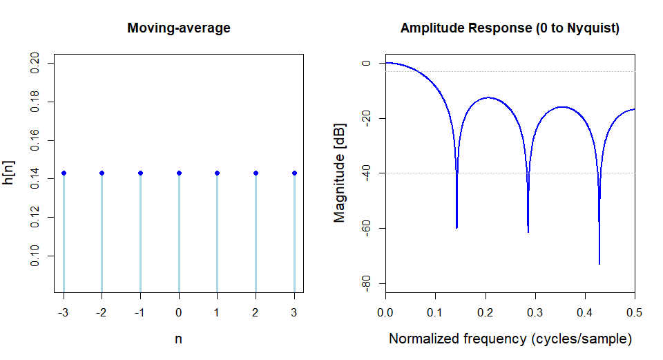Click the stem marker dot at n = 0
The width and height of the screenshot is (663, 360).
180,173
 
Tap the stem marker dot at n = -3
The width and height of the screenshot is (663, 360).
64,173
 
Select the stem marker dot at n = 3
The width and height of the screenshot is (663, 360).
295,173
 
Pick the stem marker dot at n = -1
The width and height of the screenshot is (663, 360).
141,173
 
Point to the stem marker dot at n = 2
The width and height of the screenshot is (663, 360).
256,173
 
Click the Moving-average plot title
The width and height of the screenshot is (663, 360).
179,28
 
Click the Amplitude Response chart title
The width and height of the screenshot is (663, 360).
510,28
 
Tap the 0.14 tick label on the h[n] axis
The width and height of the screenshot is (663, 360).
35,178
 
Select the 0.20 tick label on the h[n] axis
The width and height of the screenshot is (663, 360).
35,63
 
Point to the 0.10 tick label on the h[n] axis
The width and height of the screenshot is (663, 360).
35,256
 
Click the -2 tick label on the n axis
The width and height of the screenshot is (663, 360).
101,312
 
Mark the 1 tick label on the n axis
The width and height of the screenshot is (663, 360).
216,312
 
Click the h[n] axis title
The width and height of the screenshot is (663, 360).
8,173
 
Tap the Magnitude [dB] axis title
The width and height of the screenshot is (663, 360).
339,173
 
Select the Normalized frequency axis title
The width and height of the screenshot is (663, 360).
510,339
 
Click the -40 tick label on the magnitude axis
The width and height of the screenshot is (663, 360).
366,173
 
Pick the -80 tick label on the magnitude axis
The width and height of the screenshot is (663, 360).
366,283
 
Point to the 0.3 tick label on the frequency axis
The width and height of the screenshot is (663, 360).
535,312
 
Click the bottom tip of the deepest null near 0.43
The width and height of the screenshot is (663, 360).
599,265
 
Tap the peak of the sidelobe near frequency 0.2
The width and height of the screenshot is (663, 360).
488,97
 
